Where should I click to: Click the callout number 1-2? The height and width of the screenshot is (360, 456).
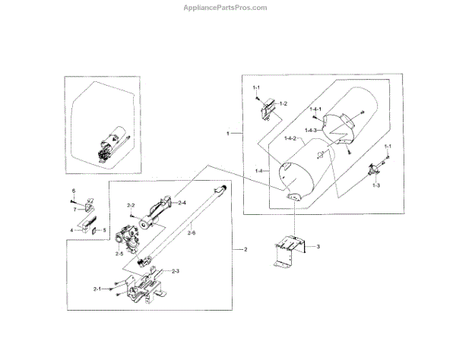283,103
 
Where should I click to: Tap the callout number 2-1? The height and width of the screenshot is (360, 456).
97,289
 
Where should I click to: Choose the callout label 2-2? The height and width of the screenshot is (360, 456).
131,206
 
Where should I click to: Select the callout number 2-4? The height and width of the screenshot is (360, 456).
182,203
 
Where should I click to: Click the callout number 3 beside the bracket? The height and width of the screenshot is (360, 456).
318,248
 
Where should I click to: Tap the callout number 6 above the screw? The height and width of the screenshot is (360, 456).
74,190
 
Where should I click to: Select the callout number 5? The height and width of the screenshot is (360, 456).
105,229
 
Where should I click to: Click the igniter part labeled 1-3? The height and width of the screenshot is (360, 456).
375,172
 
